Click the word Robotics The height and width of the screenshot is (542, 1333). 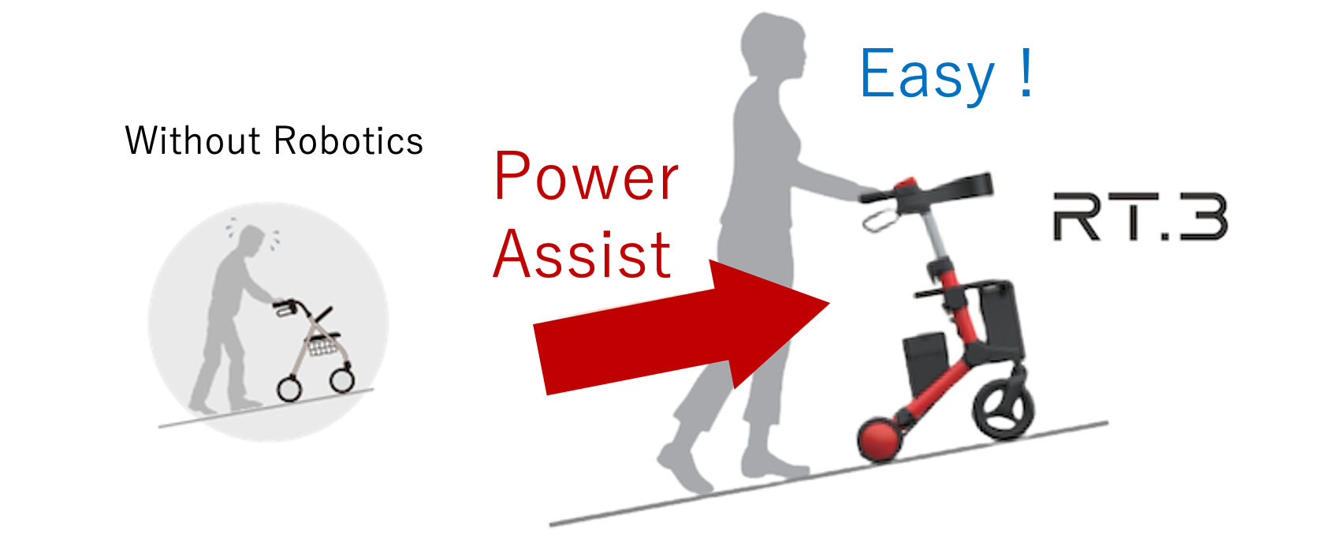pos(348,140)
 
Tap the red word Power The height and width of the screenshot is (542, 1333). pos(586,176)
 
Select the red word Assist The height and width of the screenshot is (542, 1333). pos(582,254)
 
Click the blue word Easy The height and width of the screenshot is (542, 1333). pos(926,74)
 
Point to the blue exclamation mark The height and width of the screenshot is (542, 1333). pos(1026,72)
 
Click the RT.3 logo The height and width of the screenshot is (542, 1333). pos(1140,216)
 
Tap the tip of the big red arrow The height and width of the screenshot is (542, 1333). pos(829,304)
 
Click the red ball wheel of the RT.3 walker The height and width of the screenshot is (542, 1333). pos(880,439)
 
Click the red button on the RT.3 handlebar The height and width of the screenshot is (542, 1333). pos(904,184)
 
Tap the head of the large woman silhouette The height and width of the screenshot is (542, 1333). pos(773,45)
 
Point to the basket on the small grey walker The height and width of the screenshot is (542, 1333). pos(322,346)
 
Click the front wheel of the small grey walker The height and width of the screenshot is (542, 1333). pos(342,379)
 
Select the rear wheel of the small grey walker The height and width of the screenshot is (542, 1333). pos(290,389)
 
